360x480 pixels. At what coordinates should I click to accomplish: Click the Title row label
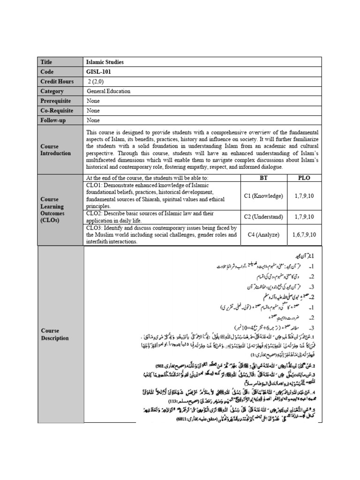coord(47,62)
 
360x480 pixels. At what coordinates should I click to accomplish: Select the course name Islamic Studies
coord(105,62)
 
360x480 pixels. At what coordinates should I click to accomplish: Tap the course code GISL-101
coord(99,72)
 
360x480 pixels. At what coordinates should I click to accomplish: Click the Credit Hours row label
coord(57,82)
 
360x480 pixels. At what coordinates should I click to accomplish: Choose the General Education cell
coord(109,91)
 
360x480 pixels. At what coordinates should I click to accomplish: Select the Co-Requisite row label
coord(57,111)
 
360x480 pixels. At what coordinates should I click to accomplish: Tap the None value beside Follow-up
coord(93,120)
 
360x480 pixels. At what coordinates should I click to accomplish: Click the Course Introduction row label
coord(56,150)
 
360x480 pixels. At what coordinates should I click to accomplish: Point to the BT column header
coord(263,178)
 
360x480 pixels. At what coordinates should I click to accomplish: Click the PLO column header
coord(304,178)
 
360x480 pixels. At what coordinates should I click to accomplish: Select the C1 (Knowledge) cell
coord(263,196)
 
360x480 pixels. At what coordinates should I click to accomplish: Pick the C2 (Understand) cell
coord(263,217)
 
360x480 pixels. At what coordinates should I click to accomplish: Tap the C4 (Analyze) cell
coord(263,234)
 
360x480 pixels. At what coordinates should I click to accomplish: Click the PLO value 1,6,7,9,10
coord(304,234)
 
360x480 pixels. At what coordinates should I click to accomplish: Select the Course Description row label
coord(55,334)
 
